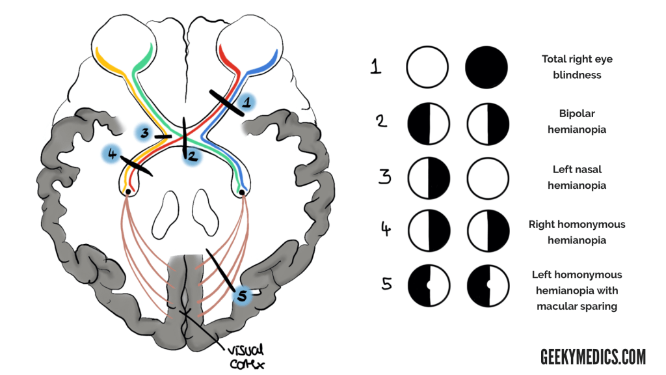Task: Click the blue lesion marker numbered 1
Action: coord(246,102)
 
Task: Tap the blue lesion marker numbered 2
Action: coord(193,156)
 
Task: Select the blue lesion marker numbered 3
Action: coord(144,133)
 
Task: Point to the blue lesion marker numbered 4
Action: coord(113,154)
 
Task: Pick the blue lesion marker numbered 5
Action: coord(242,296)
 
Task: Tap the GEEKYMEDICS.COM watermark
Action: coord(593,356)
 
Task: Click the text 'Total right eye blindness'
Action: coord(577,67)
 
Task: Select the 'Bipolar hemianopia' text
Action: coord(577,121)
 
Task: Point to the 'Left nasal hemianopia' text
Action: coord(577,177)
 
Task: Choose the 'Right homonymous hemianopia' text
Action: coord(577,232)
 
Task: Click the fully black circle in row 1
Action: coord(486,67)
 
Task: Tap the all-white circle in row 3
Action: coord(488,177)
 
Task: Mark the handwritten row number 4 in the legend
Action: coord(385,230)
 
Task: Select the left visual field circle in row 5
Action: coord(428,287)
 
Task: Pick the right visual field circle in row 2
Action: coord(488,122)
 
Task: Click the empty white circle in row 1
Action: coord(427,67)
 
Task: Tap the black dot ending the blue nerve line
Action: coord(242,192)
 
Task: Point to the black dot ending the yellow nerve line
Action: coord(129,191)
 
